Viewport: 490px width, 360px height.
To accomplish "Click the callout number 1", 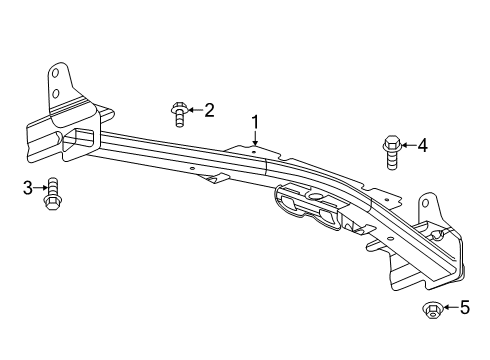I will coord(256,124).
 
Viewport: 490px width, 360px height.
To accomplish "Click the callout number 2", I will coord(209,111).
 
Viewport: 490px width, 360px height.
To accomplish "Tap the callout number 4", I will coord(422,146).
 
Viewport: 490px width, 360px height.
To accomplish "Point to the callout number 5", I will coord(464,308).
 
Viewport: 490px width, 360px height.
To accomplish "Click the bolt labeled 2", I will coord(180,114).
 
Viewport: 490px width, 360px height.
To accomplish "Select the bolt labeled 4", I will coord(390,152).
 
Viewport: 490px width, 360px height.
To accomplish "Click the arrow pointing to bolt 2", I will coord(195,110).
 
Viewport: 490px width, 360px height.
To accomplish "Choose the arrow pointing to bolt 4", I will coord(407,146).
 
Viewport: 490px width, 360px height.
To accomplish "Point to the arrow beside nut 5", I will coord(449,309).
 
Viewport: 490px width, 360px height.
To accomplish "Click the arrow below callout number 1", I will coord(256,141).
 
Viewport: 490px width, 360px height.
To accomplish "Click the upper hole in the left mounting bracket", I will coord(58,74).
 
